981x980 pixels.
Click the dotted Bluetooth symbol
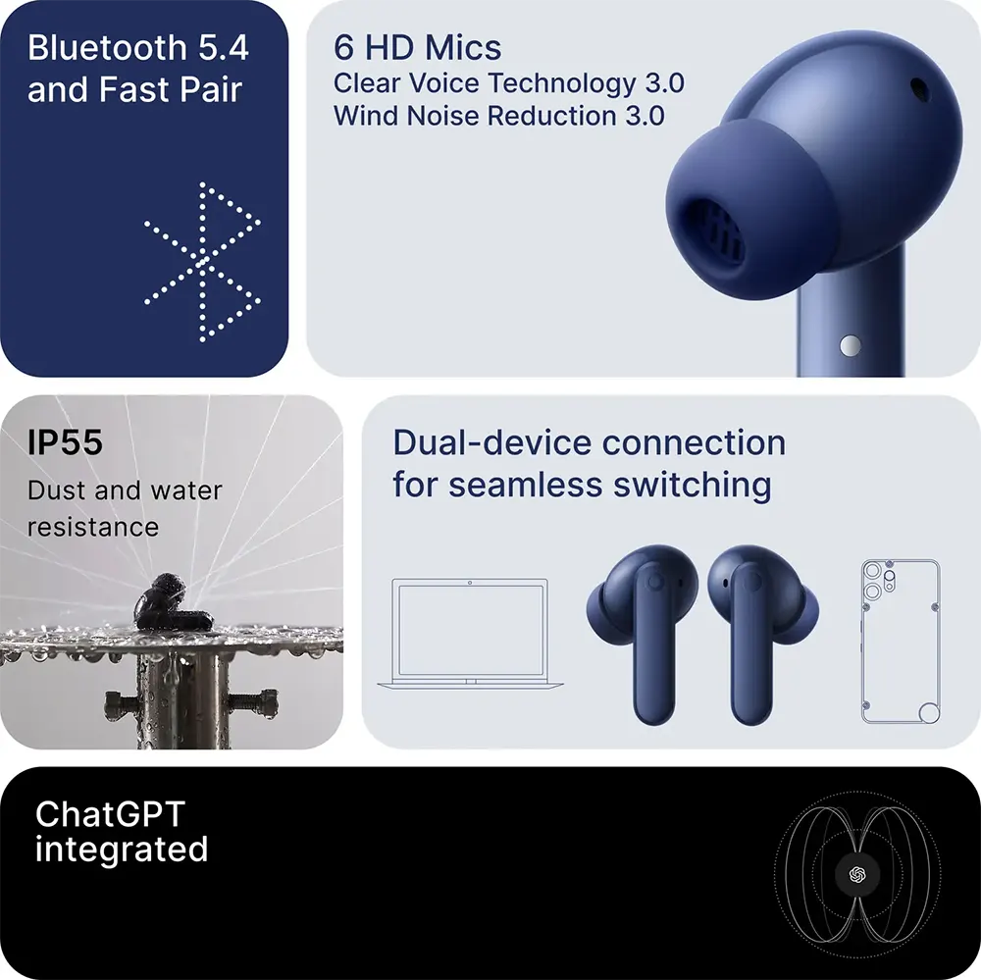201,263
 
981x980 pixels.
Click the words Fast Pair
170,89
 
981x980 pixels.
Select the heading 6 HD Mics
417,47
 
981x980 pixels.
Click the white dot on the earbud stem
850,345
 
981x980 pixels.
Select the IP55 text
65,442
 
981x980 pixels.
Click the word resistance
93,527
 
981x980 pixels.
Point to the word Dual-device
492,442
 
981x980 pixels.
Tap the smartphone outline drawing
901,642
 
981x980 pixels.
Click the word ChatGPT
110,814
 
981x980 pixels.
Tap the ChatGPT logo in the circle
857,875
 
